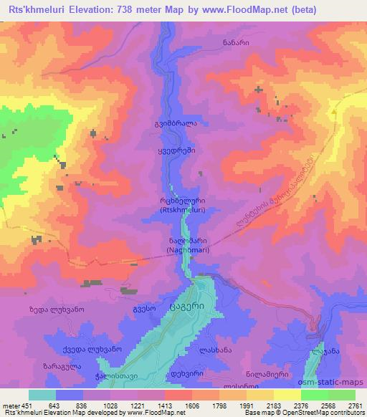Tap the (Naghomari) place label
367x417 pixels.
pyautogui.click(x=168, y=251)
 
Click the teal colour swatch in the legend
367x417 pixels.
pyautogui.click(x=41, y=396)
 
